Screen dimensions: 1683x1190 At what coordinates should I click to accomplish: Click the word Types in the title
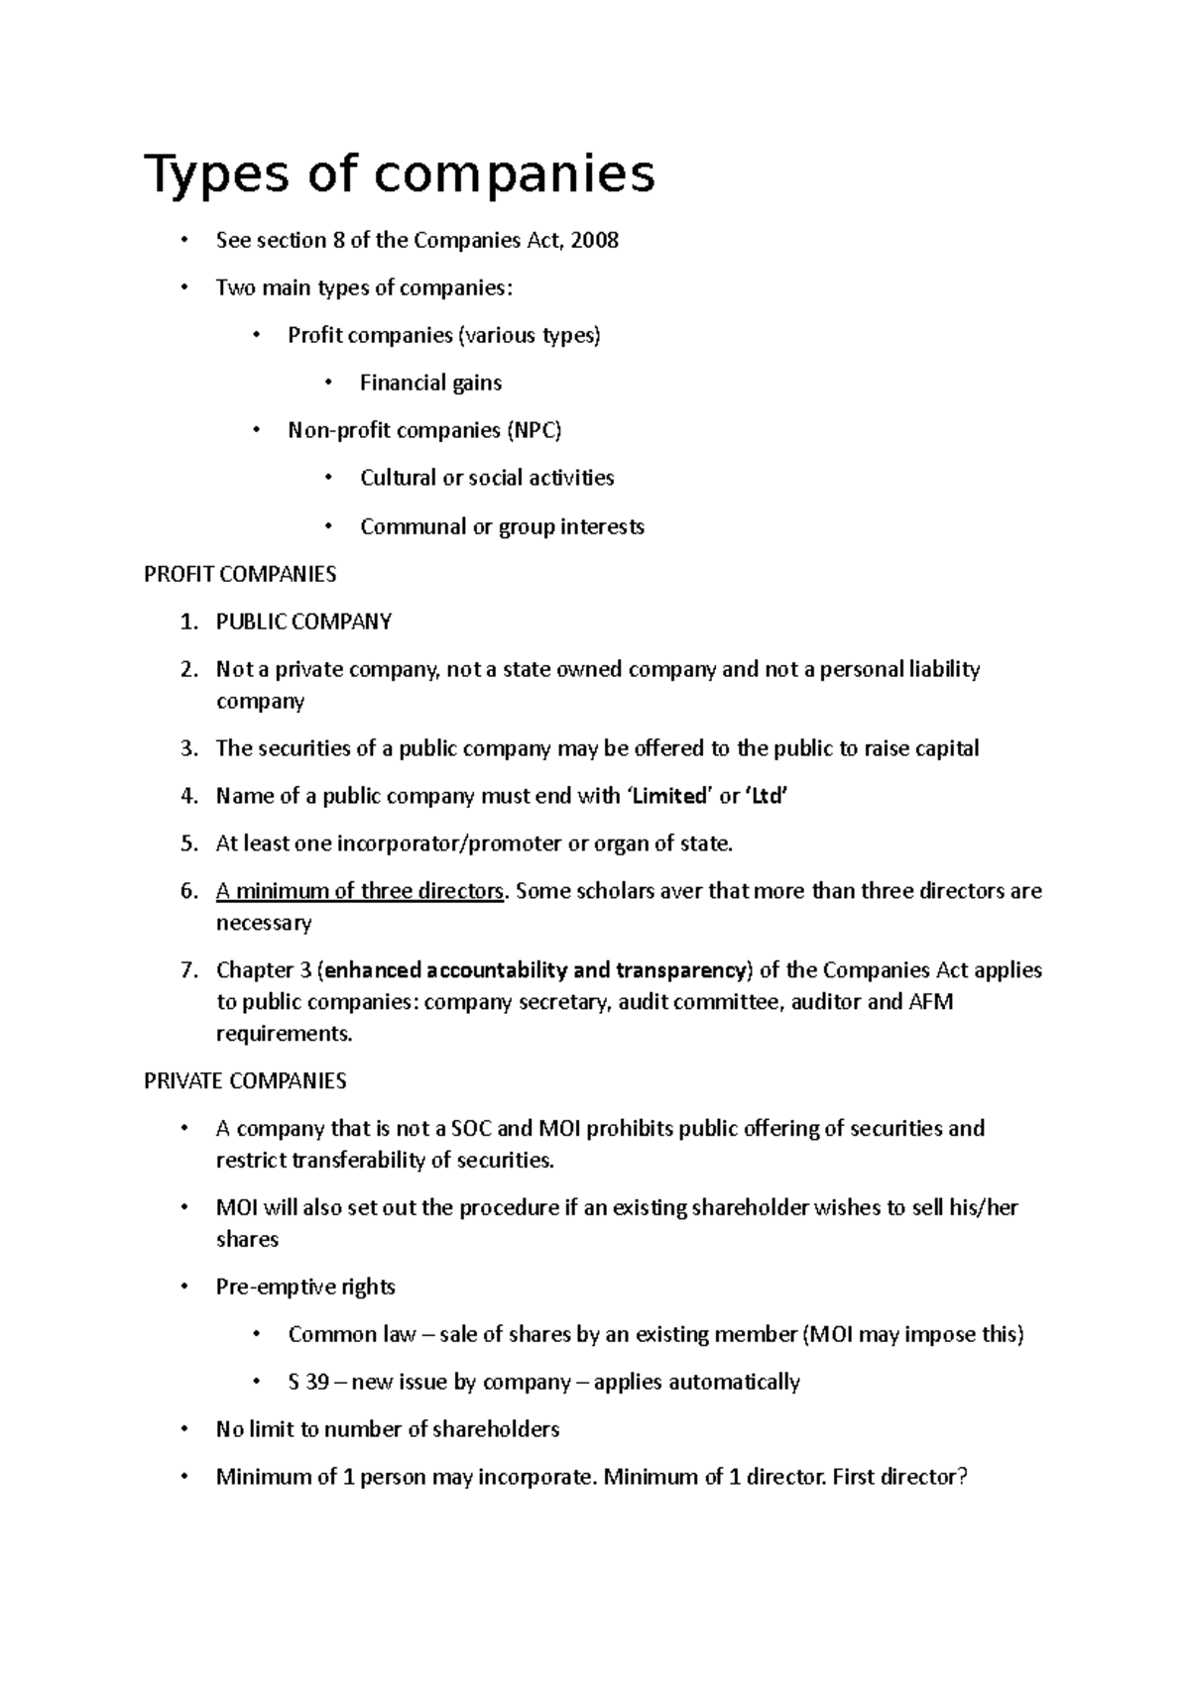point(208,174)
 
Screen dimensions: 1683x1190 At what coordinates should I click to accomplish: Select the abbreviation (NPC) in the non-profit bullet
point(534,431)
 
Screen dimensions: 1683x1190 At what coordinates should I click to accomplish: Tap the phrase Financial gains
point(430,384)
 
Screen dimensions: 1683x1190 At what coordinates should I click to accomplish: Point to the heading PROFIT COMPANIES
point(240,575)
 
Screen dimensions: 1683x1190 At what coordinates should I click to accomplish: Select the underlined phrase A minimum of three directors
point(360,892)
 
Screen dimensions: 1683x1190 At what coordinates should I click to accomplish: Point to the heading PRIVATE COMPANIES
point(245,1081)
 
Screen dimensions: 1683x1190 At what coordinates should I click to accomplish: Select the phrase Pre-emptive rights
point(305,1288)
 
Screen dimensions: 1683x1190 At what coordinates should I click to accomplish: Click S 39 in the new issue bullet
point(308,1383)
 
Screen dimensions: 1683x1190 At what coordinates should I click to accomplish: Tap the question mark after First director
point(960,1478)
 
